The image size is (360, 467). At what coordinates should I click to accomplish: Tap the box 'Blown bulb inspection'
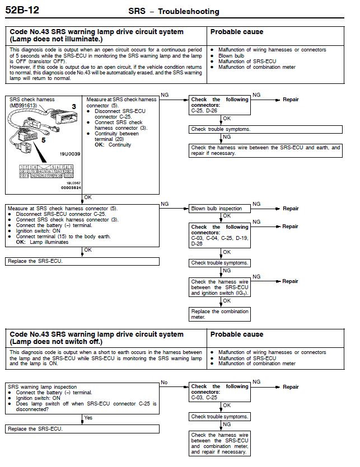click(217, 209)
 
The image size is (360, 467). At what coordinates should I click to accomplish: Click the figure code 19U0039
click(71, 153)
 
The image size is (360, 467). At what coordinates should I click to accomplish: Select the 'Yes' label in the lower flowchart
click(88, 418)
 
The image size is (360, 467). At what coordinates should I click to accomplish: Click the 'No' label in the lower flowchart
click(164, 383)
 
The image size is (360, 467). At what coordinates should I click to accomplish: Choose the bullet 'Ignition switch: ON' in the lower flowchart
click(36, 398)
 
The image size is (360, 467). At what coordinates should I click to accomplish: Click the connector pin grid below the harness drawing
click(46, 171)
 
